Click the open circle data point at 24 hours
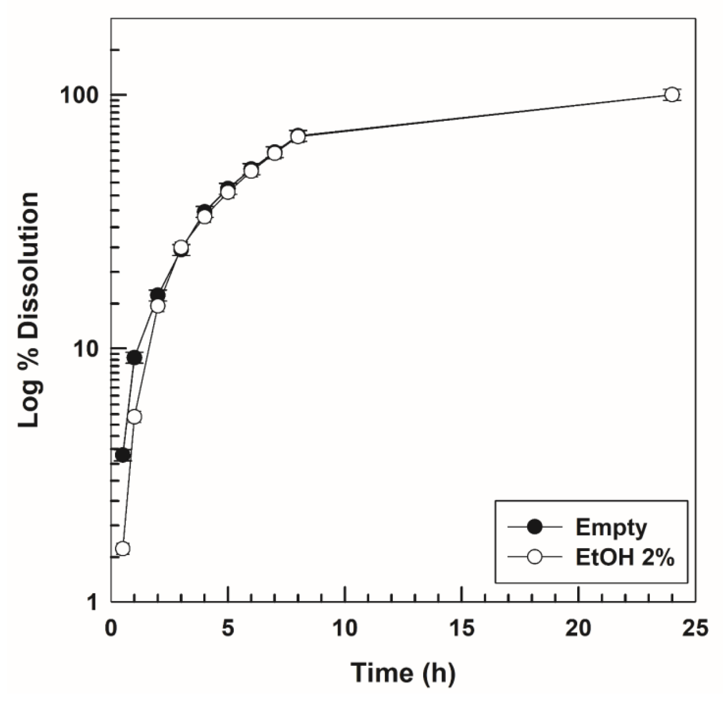pyautogui.click(x=672, y=95)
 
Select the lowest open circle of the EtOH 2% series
pyautogui.click(x=122, y=548)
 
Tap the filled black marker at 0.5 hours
pyautogui.click(x=123, y=455)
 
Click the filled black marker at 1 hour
pyautogui.click(x=134, y=357)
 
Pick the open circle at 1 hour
pyautogui.click(x=134, y=417)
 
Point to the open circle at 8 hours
pyautogui.click(x=298, y=136)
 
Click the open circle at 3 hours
pyautogui.click(x=181, y=247)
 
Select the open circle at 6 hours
pyautogui.click(x=251, y=170)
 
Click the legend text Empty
pyautogui.click(x=611, y=527)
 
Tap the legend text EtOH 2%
pyautogui.click(x=624, y=558)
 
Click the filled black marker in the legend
pyautogui.click(x=535, y=527)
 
